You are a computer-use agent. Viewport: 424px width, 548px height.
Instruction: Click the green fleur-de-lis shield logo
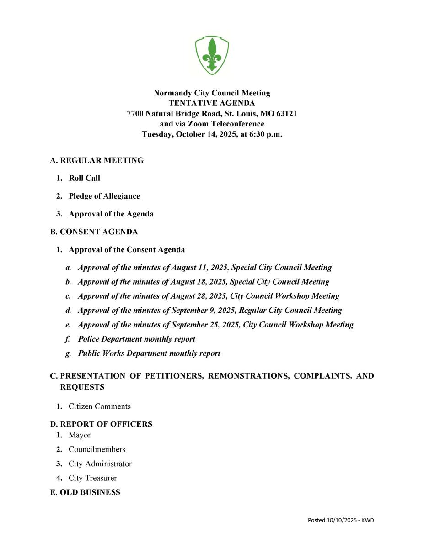(212, 56)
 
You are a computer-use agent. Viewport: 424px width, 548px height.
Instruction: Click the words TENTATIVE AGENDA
(212, 103)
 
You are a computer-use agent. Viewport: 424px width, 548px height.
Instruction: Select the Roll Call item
(84, 178)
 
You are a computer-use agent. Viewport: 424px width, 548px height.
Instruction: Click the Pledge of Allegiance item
(104, 196)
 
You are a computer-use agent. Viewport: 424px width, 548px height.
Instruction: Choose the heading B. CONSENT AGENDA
(94, 232)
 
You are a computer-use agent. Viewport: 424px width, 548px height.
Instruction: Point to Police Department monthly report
(136, 339)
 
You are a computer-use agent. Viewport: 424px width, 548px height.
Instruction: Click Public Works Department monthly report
(149, 353)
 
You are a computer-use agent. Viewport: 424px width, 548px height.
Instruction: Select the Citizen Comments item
(99, 406)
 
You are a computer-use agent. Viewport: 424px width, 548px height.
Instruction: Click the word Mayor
(80, 435)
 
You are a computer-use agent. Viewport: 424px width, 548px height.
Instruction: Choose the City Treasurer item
(92, 478)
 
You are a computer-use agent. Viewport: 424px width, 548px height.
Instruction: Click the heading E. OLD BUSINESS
(85, 492)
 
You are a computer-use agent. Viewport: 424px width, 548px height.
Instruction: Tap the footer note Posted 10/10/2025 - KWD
(341, 520)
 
